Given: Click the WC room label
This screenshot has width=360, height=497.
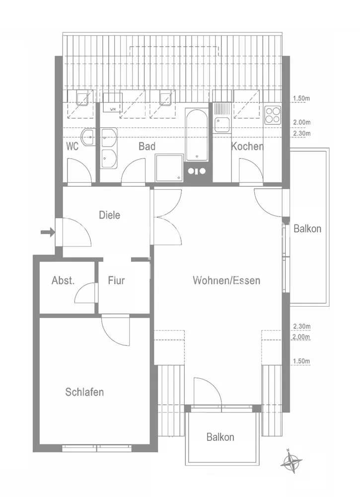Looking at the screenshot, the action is [72, 147].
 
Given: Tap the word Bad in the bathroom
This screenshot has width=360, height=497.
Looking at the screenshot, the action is [147, 147].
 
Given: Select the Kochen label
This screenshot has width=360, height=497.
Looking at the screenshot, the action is [247, 147].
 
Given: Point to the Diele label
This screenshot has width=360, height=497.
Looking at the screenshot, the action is [110, 215].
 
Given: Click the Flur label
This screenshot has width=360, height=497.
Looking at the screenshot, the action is [116, 280].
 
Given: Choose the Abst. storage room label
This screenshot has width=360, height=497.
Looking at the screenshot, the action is [63, 280].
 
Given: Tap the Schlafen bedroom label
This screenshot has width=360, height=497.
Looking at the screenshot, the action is [84, 392].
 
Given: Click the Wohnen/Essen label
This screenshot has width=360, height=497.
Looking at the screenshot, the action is [226, 280].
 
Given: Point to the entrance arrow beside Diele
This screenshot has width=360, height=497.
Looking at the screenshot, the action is [48, 232].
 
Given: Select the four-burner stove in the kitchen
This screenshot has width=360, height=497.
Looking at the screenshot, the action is [273, 114].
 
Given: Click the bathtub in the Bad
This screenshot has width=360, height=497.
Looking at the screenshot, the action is [197, 135].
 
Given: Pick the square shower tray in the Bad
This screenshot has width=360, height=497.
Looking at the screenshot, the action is [169, 168].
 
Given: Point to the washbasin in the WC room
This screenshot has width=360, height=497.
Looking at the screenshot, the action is [88, 137].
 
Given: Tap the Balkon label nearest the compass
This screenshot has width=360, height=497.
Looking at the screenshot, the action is [220, 437].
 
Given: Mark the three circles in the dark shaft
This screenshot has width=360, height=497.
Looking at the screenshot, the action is [197, 171].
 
